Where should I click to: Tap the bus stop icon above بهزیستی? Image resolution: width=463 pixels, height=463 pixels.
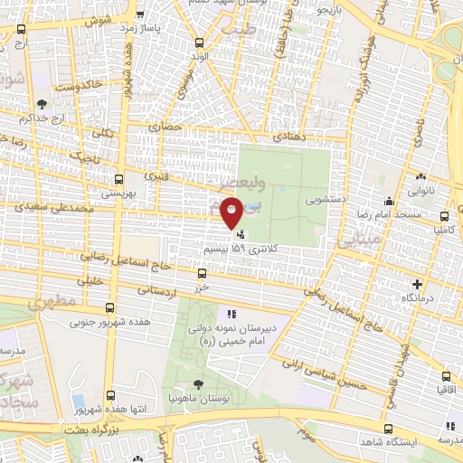coord(118,178)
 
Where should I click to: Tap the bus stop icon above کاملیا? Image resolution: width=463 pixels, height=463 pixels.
coord(445,217)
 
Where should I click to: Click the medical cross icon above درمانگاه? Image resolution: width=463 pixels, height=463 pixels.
coord(404,284)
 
